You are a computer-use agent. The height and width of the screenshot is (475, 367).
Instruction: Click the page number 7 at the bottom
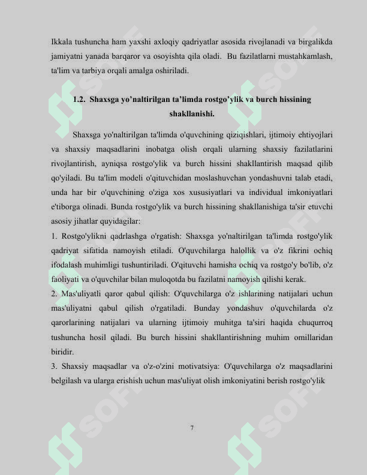[x=192, y=428]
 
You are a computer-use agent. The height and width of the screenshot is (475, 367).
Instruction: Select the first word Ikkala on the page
[x=62, y=43]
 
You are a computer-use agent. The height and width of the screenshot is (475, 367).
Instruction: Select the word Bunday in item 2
[x=214, y=308]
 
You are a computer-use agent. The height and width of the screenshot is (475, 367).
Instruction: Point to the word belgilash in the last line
[x=69, y=380]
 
